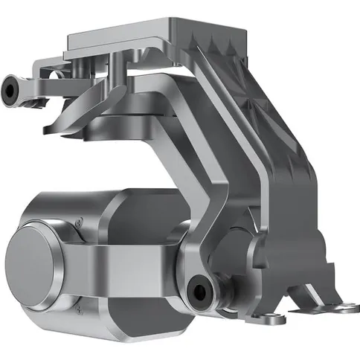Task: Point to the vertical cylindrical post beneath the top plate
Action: [120, 78]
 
